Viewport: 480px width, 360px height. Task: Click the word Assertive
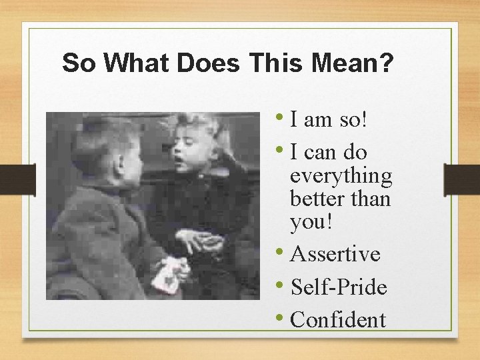335,254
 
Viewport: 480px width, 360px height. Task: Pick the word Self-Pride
339,287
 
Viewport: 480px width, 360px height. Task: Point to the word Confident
338,320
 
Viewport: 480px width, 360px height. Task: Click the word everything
341,177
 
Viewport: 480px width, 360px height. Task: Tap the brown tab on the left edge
17,181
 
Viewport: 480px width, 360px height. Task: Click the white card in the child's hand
167,274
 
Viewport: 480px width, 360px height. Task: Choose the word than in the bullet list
373,199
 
